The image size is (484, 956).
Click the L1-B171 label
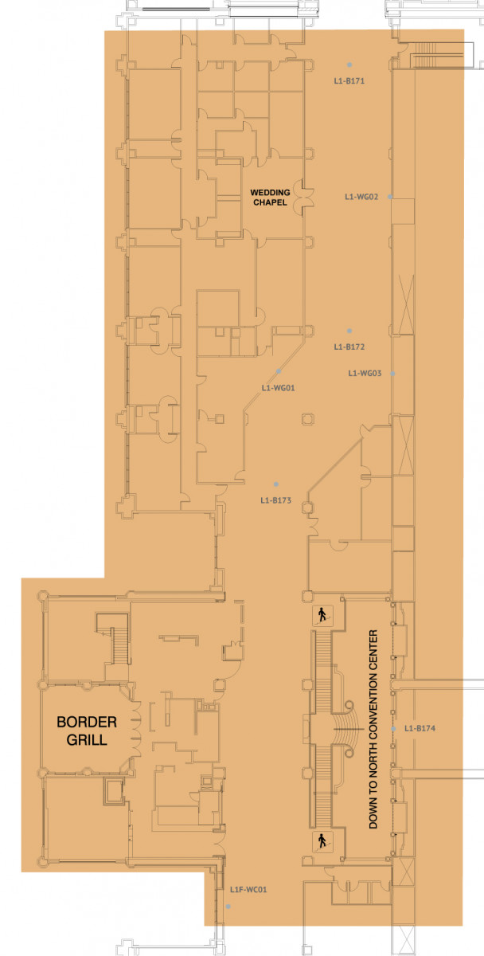point(349,80)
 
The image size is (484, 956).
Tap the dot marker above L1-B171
point(349,65)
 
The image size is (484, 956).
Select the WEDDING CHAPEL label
point(270,198)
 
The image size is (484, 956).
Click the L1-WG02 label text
point(361,197)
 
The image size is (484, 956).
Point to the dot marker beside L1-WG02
point(390,197)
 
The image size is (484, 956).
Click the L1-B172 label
point(349,347)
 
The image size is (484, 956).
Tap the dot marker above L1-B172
point(349,331)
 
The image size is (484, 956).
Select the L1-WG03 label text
point(365,374)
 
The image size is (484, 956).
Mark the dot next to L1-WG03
point(392,374)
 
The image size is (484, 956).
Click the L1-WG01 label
point(278,388)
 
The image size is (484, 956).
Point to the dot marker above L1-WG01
point(279,371)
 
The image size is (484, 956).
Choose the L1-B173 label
point(276,500)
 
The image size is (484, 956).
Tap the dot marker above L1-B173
point(276,484)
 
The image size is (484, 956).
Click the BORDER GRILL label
point(87,731)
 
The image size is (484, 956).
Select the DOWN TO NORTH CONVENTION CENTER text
point(373,730)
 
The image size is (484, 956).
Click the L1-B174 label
point(420,728)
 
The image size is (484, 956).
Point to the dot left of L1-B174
point(393,729)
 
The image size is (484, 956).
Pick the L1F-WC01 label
point(248,890)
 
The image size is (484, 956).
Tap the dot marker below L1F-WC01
point(228,907)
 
